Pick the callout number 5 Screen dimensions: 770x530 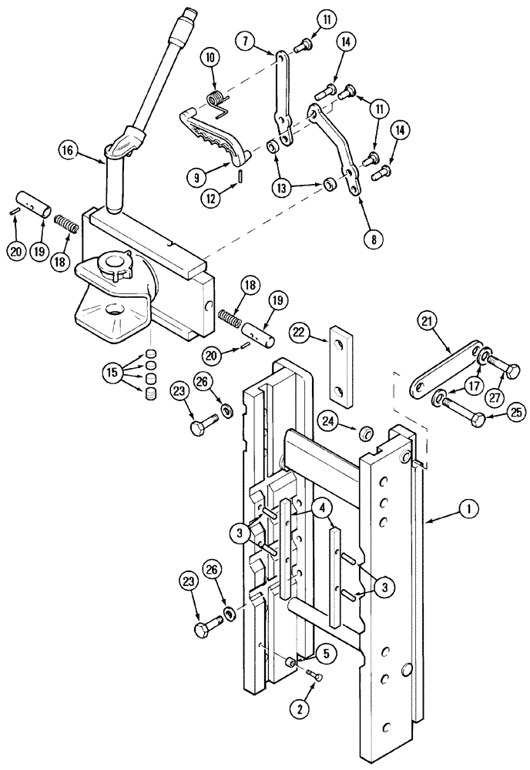pyautogui.click(x=329, y=655)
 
